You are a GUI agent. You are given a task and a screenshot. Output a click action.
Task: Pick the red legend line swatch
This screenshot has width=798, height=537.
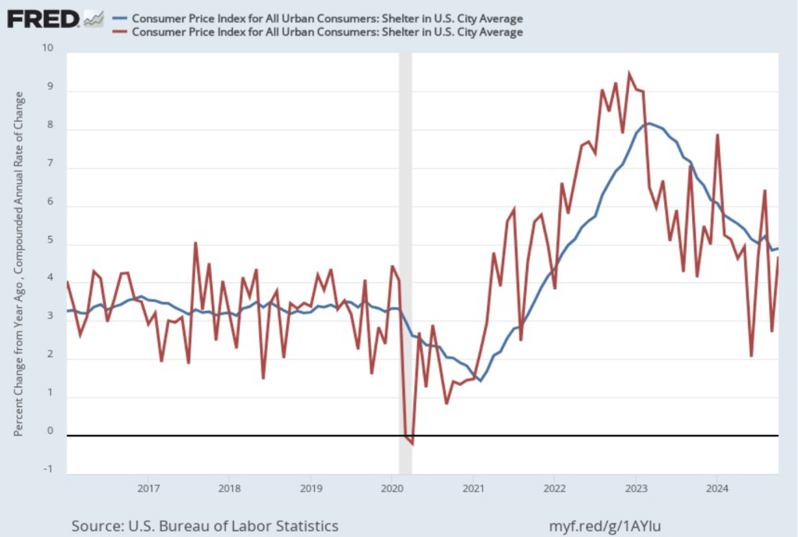click(121, 32)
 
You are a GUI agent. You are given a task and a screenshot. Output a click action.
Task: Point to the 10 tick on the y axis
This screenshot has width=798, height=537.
click(49, 48)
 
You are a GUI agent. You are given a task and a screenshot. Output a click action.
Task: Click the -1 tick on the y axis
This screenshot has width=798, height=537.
click(49, 468)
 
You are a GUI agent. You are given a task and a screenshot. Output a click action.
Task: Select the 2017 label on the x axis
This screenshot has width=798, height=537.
click(148, 489)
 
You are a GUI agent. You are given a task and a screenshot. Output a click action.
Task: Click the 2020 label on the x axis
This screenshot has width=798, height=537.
click(392, 489)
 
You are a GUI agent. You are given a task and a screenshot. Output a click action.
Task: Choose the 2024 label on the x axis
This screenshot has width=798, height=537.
click(717, 489)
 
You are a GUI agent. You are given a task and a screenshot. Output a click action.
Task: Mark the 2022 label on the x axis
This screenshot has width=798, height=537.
click(554, 489)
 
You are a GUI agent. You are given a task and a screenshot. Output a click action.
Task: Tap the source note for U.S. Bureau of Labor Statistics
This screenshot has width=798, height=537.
click(204, 525)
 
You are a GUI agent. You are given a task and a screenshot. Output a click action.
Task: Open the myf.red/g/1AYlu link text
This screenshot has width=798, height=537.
click(611, 525)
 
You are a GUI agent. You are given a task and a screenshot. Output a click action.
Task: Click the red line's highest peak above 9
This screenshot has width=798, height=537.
click(629, 74)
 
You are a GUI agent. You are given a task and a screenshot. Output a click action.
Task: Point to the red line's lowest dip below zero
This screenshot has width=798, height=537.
click(411, 443)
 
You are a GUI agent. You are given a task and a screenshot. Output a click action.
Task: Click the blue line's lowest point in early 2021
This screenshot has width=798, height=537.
click(480, 380)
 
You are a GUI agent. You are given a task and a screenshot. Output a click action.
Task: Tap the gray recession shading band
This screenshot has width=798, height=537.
click(405, 234)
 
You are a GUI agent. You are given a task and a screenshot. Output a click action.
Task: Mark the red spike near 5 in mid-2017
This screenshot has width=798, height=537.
click(195, 243)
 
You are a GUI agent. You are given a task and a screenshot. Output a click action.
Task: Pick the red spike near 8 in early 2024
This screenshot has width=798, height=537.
click(717, 135)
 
